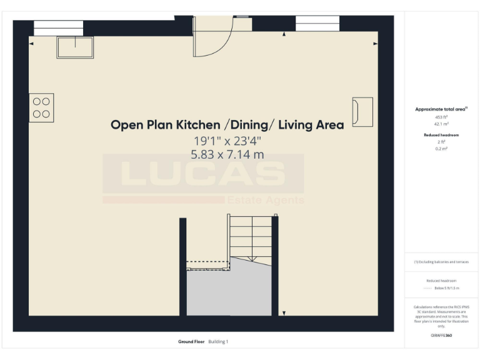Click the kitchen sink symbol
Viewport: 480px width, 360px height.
tap(75, 47)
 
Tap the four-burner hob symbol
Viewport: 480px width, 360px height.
tap(41, 107)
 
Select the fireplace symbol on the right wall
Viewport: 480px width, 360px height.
tap(362, 112)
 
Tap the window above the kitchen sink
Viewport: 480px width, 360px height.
tap(58, 27)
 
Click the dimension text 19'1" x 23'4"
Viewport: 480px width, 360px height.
tap(227, 141)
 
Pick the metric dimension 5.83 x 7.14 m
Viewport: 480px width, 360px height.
tap(227, 154)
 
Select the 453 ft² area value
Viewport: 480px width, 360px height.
tap(441, 117)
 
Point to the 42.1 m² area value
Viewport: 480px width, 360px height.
tap(441, 124)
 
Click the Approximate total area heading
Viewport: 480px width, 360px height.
tap(441, 109)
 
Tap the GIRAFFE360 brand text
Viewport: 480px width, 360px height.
tap(441, 336)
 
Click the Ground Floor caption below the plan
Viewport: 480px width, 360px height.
tap(192, 342)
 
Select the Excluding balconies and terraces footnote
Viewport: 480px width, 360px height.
tap(441, 262)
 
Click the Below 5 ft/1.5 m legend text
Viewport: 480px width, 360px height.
tap(447, 288)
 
